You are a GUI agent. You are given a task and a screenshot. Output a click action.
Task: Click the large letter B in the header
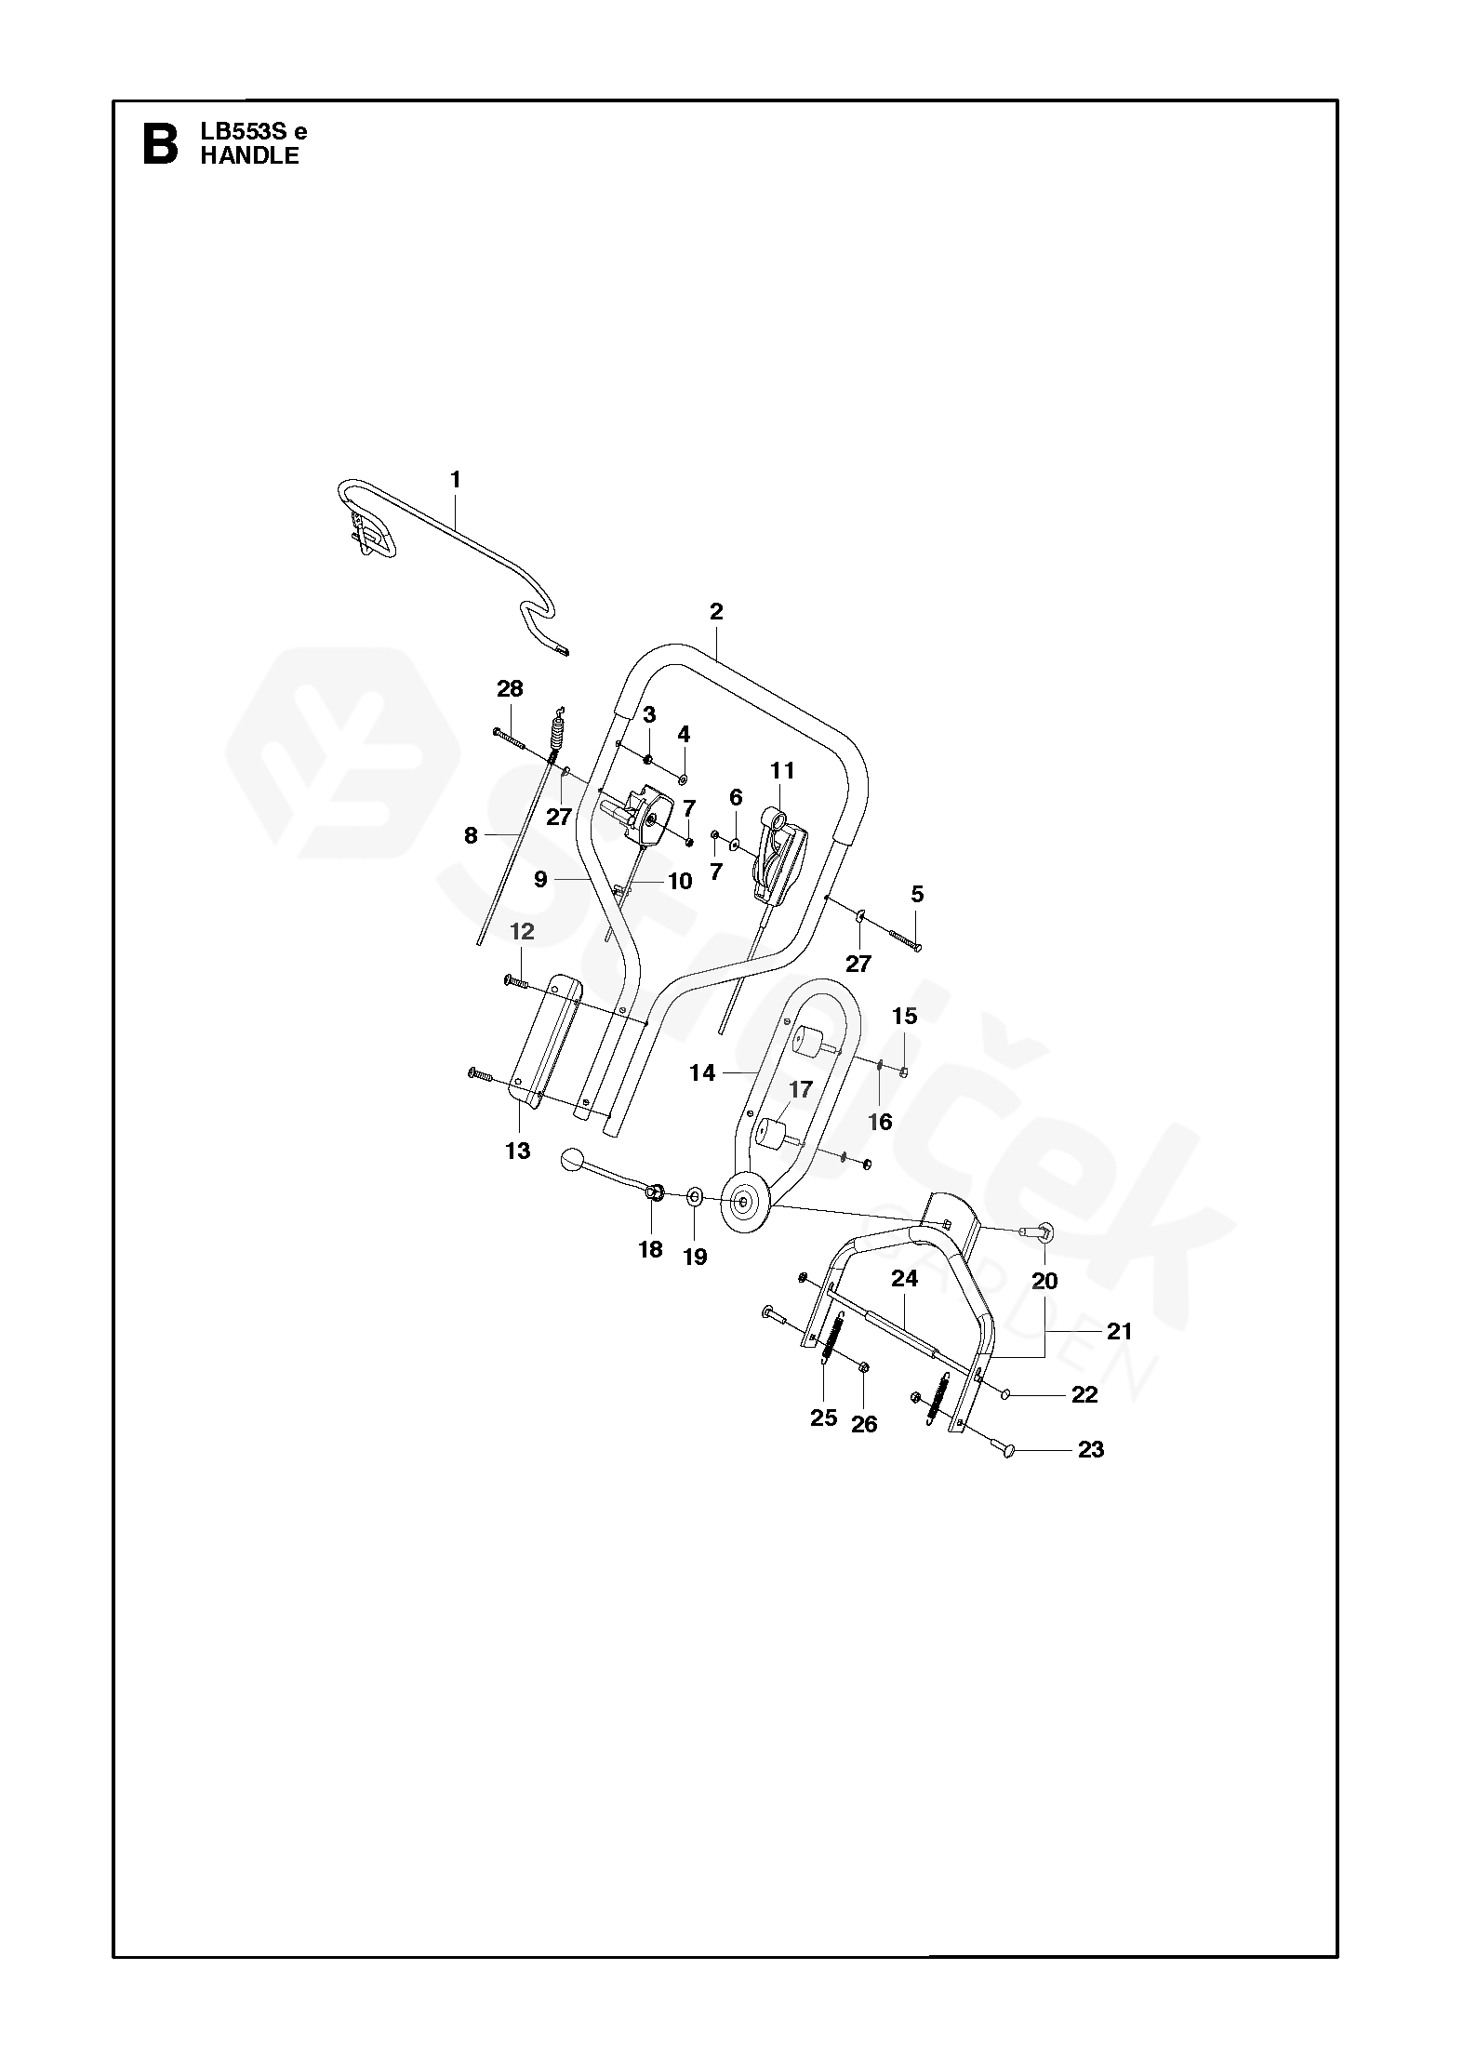click(160, 144)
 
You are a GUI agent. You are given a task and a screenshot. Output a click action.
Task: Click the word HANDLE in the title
click(249, 156)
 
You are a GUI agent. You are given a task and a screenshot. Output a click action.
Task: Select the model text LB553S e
click(253, 131)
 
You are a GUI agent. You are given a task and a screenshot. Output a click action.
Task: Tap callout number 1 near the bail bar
click(455, 480)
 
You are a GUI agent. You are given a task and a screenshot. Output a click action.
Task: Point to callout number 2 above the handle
click(715, 612)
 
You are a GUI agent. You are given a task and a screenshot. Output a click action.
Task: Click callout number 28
click(510, 689)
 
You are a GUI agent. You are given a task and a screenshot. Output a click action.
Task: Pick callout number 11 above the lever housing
click(782, 770)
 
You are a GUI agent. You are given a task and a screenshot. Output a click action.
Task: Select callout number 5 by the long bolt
click(917, 895)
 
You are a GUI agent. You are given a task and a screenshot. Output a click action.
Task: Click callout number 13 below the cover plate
click(517, 1151)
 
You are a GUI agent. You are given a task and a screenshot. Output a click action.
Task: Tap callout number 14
click(702, 1072)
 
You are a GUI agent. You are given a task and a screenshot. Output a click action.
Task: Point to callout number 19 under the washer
click(695, 1257)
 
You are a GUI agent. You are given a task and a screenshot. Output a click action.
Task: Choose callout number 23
click(1090, 1449)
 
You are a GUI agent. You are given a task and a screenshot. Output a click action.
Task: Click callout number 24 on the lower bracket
click(904, 1279)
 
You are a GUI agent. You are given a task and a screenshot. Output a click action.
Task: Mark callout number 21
click(1120, 1331)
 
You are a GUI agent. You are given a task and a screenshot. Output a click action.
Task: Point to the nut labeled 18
click(653, 1191)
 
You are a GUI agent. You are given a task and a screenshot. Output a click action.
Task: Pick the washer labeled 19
click(695, 1195)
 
